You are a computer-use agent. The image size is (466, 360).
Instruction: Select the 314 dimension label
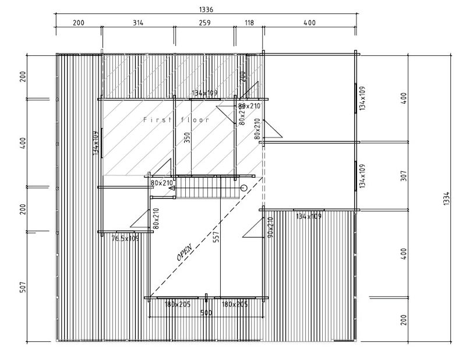137,23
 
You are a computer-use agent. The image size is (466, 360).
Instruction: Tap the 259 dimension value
204,23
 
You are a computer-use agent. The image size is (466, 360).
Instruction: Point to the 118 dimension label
249,23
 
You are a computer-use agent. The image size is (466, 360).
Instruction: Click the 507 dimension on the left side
23,288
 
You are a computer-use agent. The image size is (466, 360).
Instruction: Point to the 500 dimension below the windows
206,313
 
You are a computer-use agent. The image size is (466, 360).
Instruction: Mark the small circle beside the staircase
243,188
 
